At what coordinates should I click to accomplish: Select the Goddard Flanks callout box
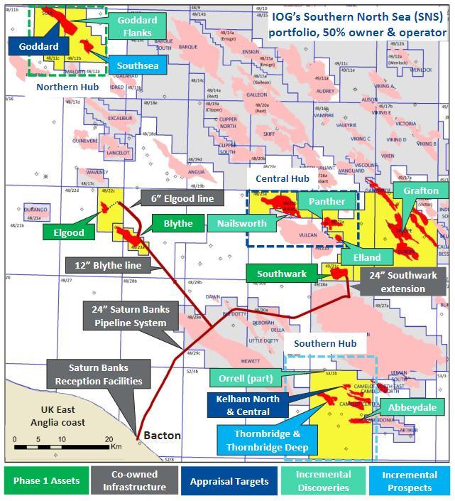tap(137, 27)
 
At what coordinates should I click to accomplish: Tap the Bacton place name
tap(163, 434)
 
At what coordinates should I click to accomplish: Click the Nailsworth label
tap(242, 223)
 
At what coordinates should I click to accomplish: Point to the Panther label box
tap(327, 202)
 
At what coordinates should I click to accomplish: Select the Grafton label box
tap(421, 191)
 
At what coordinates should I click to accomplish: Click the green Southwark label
tap(282, 274)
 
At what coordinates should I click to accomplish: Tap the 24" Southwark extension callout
tap(403, 281)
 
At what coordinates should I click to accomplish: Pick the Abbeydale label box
tap(412, 409)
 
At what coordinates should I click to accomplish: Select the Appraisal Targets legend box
tap(228, 480)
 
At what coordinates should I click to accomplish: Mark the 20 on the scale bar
tap(108, 439)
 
